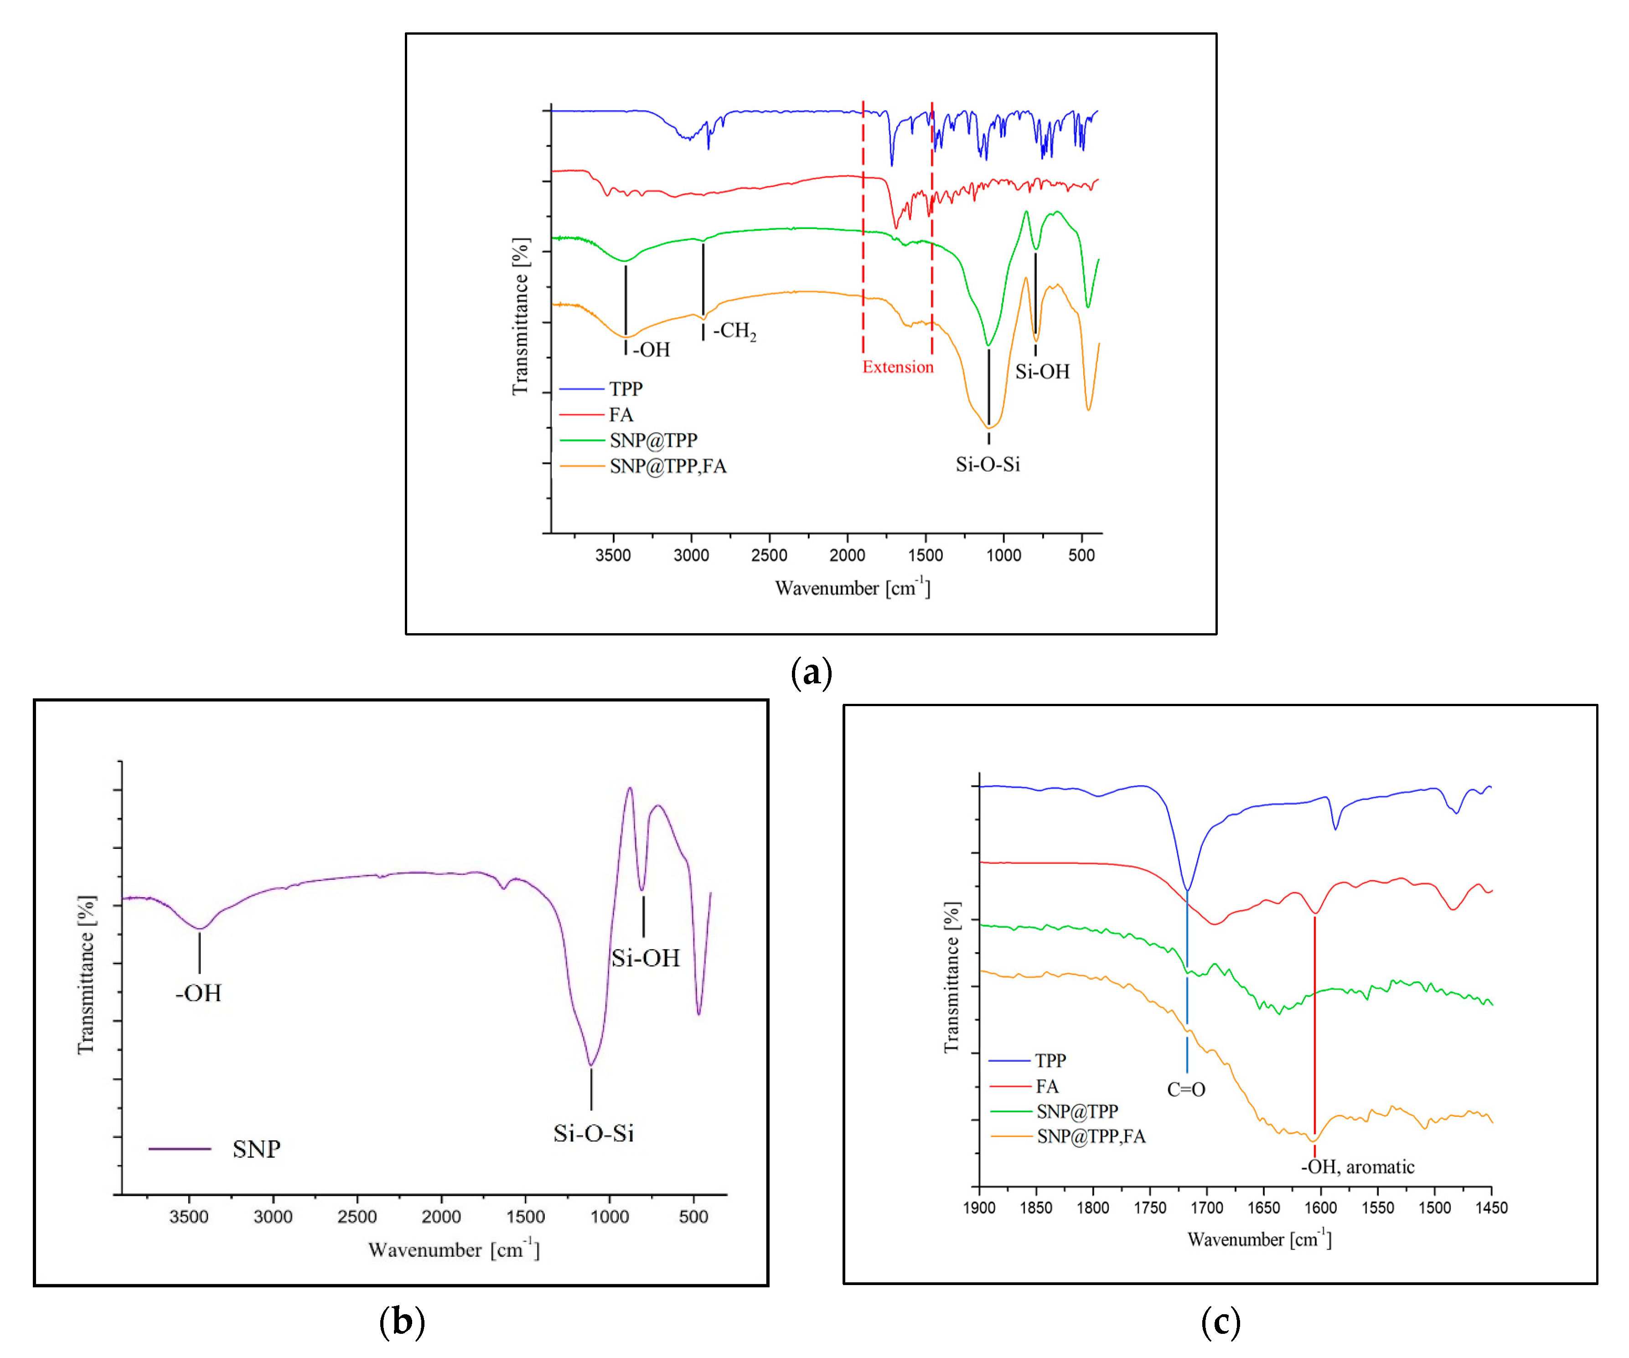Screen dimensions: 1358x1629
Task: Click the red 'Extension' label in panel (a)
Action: [x=898, y=367]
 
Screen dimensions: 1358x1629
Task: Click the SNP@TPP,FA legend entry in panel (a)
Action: [x=667, y=466]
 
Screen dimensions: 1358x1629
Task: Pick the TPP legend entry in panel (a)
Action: [x=625, y=388]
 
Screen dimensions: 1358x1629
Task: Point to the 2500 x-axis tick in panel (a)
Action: [x=769, y=555]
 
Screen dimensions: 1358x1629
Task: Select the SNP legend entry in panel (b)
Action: [x=256, y=1149]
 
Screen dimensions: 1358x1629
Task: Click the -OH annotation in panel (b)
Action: [x=199, y=993]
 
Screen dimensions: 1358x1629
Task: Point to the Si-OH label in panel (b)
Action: [x=646, y=958]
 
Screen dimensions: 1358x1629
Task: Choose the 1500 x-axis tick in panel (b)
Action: [x=525, y=1216]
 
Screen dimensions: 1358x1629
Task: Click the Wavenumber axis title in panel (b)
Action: [x=454, y=1250]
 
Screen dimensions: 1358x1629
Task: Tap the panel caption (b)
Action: [x=402, y=1321]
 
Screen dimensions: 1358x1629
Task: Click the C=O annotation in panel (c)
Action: [x=1186, y=1089]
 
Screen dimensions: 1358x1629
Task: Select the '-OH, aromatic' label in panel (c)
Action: [x=1358, y=1167]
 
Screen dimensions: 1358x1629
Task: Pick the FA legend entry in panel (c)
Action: [x=1046, y=1086]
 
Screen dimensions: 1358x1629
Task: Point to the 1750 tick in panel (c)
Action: [x=1150, y=1208]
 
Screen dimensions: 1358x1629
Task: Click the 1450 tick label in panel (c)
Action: [x=1491, y=1208]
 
